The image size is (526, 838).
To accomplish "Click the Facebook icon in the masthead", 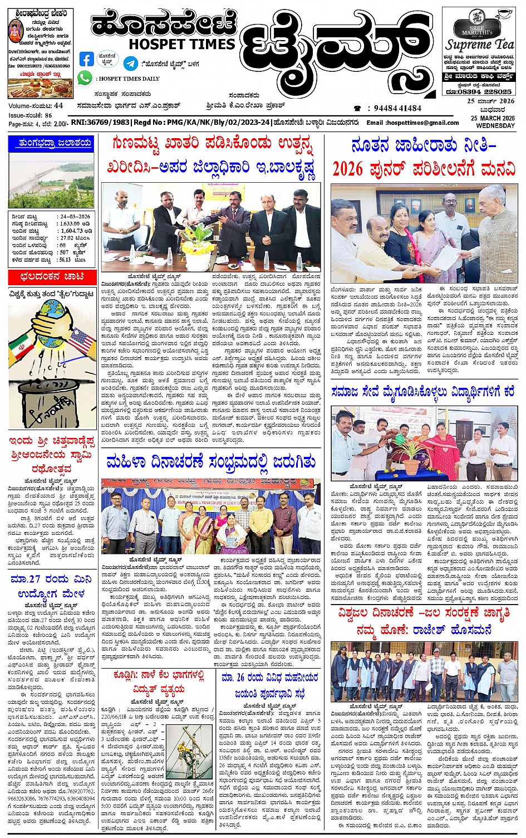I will click(x=86, y=59).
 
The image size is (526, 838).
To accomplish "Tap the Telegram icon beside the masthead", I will click(x=130, y=62).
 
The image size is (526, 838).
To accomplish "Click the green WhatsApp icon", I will click(x=85, y=78).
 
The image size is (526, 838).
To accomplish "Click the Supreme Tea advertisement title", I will click(x=479, y=44).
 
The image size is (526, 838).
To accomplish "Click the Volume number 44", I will click(x=58, y=105).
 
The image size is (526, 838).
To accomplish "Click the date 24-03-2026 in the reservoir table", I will click(x=76, y=216).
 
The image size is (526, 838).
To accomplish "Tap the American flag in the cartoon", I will click(x=82, y=342).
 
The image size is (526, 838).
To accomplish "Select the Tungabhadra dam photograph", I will click(x=51, y=180).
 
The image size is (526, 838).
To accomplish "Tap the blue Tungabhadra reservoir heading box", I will click(x=51, y=143).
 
